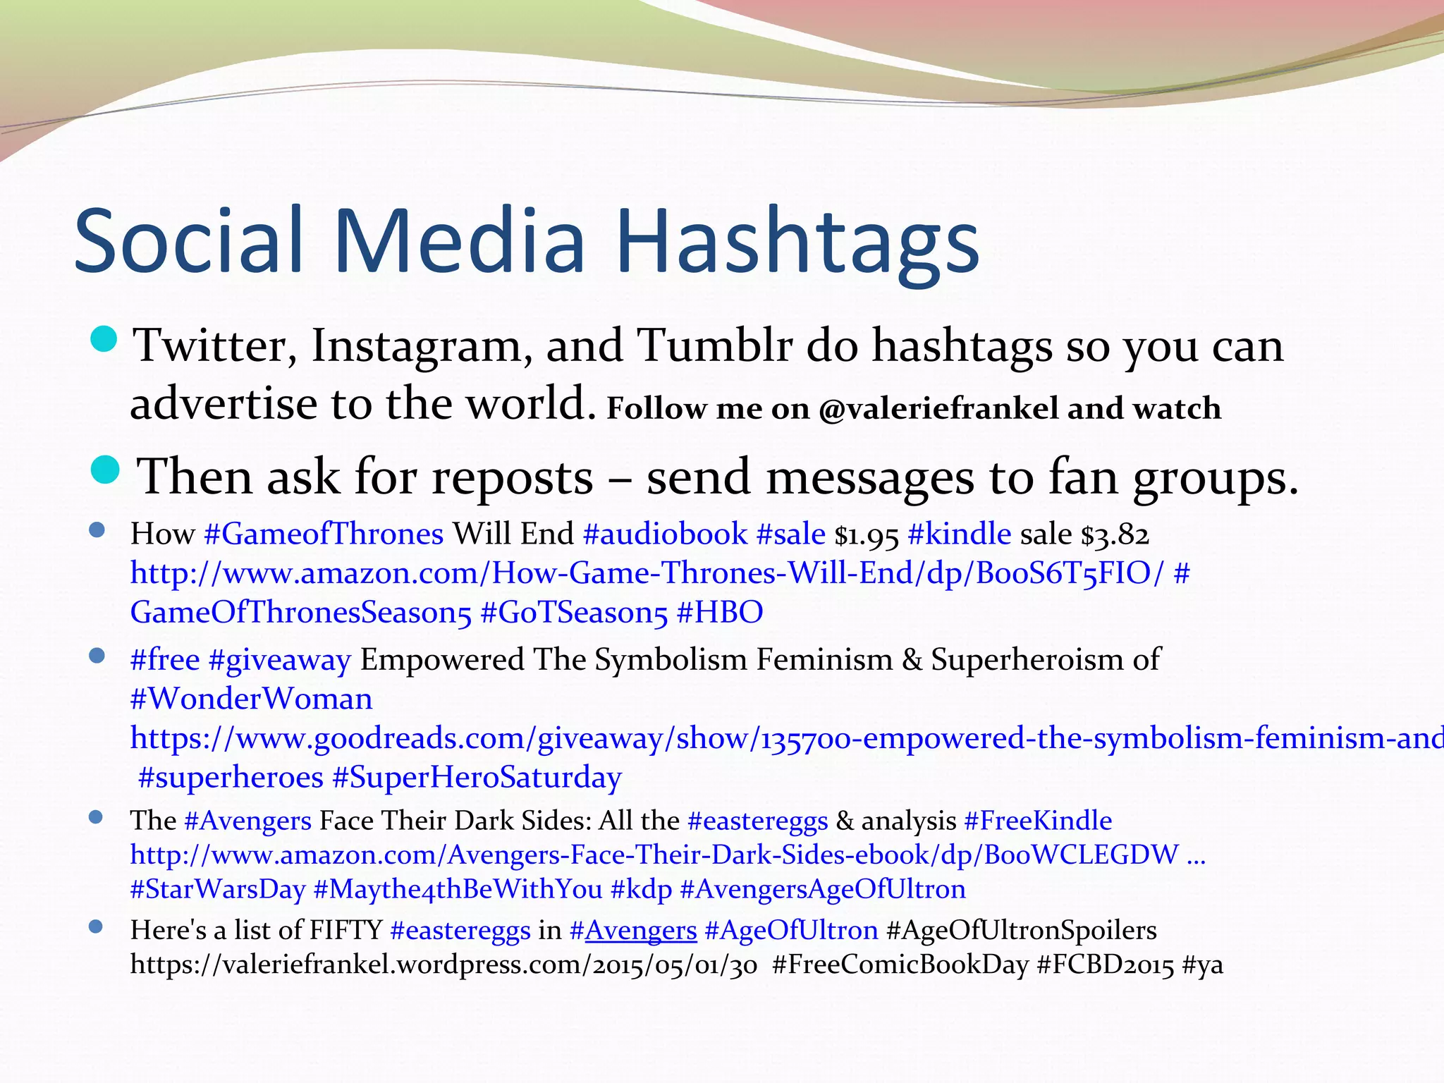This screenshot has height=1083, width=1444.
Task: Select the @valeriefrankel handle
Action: click(938, 409)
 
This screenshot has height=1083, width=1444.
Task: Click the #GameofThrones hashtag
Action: click(324, 534)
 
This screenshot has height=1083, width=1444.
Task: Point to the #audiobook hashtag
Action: click(665, 534)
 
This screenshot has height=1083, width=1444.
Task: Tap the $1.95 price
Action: click(867, 536)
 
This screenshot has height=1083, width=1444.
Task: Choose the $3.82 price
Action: click(1115, 536)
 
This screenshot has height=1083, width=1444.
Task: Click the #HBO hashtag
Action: click(719, 613)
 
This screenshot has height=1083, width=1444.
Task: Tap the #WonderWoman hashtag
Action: click(252, 699)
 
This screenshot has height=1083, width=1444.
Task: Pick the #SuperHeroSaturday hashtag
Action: click(477, 778)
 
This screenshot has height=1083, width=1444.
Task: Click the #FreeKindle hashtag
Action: click(1038, 821)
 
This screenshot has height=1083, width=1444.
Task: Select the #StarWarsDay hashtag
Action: click(218, 889)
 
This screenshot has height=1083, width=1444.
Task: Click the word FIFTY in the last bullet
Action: click(345, 930)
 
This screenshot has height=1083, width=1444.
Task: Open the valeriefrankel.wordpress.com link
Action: click(443, 964)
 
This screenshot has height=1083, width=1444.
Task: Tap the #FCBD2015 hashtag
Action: click(1106, 964)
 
